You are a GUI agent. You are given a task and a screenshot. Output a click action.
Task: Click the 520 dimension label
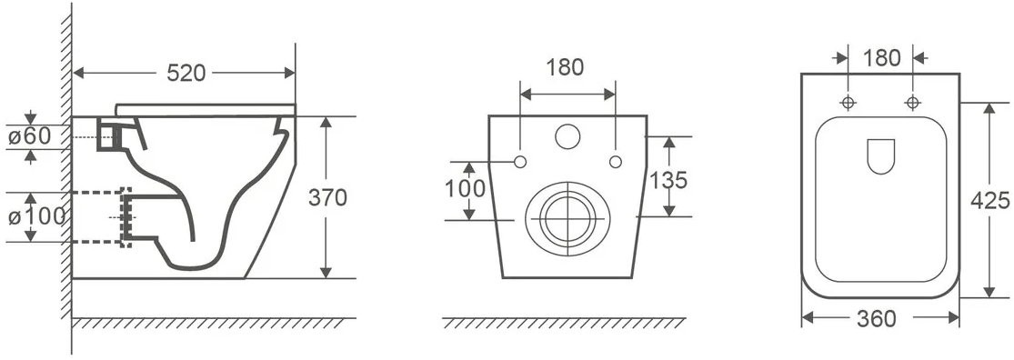tap(186, 73)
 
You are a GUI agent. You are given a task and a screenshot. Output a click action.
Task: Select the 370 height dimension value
tap(327, 197)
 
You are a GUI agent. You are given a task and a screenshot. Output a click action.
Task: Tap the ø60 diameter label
tap(29, 136)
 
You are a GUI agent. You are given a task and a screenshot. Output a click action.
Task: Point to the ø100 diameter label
tap(37, 216)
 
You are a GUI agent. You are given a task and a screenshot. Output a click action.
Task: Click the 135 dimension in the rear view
tap(668, 180)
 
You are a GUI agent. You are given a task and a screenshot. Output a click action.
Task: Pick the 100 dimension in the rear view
tap(465, 189)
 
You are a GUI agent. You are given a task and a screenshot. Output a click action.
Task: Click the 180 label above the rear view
tap(565, 66)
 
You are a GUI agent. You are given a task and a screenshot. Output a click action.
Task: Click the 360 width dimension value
tap(877, 318)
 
